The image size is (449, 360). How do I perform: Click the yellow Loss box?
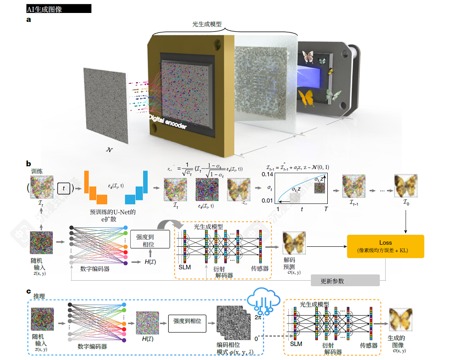click(385, 246)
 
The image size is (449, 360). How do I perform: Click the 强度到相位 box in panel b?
click(149, 241)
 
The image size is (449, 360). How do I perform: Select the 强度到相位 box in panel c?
click(187, 322)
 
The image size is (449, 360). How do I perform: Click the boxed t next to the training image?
click(63, 188)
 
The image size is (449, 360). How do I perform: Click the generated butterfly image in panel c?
click(400, 320)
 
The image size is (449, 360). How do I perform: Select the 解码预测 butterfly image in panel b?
click(294, 244)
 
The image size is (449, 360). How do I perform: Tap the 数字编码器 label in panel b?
click(94, 269)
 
